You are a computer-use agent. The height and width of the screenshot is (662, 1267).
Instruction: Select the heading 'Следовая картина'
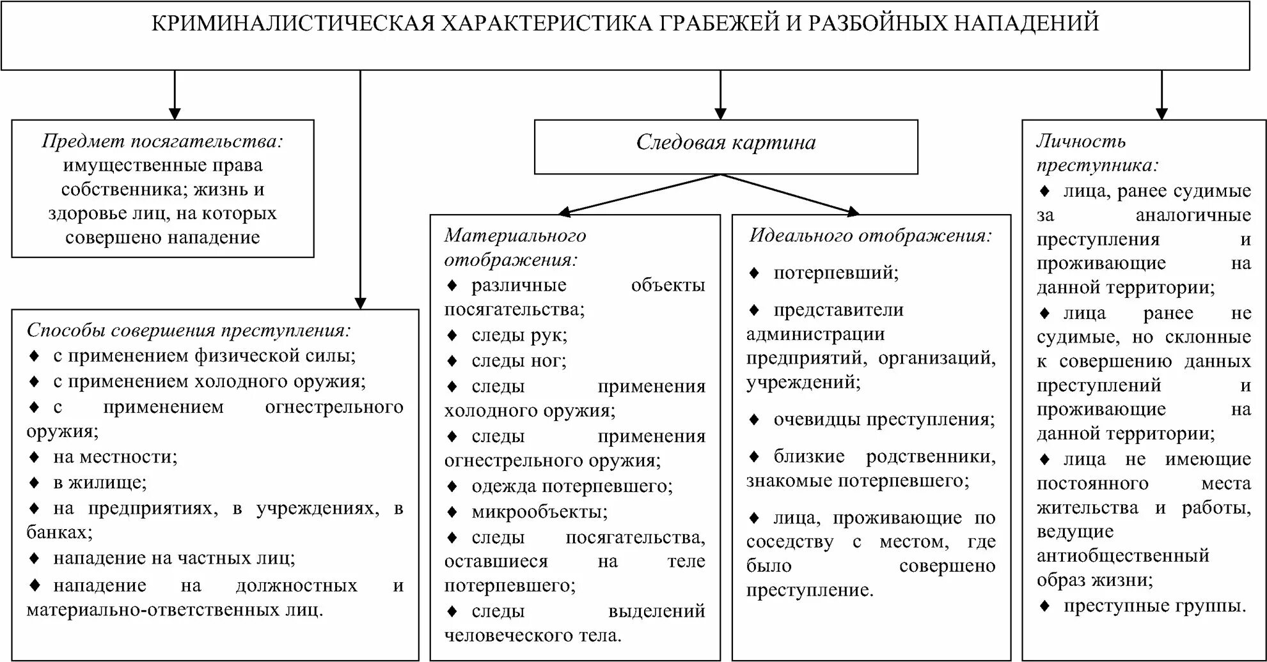click(x=726, y=142)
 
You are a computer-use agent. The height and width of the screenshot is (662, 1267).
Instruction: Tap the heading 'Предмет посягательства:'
click(x=162, y=141)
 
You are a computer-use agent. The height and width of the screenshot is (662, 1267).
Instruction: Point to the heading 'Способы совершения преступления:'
click(x=189, y=330)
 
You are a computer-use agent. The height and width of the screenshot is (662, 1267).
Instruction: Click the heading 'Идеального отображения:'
click(x=870, y=236)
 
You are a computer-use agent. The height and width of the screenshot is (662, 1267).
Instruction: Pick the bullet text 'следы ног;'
click(x=519, y=361)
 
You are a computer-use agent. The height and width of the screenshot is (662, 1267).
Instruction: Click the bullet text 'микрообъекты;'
click(x=539, y=512)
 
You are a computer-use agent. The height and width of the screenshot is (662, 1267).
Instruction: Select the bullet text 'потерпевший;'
click(x=836, y=273)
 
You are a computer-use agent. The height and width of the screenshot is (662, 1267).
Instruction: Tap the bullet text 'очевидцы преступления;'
click(x=884, y=420)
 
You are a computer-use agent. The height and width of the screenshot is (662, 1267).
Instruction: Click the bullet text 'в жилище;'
click(x=100, y=482)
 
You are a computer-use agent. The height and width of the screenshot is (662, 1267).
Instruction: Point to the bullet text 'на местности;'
click(x=115, y=457)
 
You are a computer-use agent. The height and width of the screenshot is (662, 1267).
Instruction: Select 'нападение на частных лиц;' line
click(x=174, y=558)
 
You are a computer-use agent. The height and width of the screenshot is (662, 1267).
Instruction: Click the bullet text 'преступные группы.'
click(x=1154, y=606)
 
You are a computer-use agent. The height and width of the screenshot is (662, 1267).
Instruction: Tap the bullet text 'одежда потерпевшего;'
click(x=572, y=486)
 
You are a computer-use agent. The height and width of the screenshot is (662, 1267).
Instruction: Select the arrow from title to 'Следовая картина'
click(x=721, y=96)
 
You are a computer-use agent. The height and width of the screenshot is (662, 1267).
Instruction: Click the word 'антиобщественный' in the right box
click(x=1122, y=556)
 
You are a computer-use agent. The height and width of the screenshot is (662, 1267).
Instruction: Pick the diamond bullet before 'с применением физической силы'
click(x=35, y=355)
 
